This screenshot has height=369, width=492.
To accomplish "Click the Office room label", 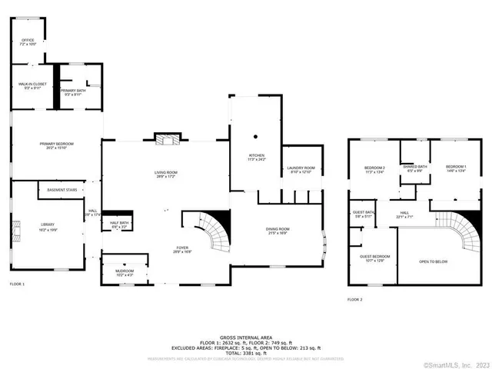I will click(28, 40).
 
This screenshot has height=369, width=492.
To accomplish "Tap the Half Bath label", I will click(119, 224).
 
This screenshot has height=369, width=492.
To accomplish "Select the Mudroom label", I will click(125, 271).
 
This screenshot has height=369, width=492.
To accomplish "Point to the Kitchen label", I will click(256, 156).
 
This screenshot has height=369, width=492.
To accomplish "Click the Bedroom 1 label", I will click(456, 167).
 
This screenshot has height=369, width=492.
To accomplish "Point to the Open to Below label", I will click(434, 261).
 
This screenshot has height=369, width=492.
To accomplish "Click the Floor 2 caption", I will click(354, 299).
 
